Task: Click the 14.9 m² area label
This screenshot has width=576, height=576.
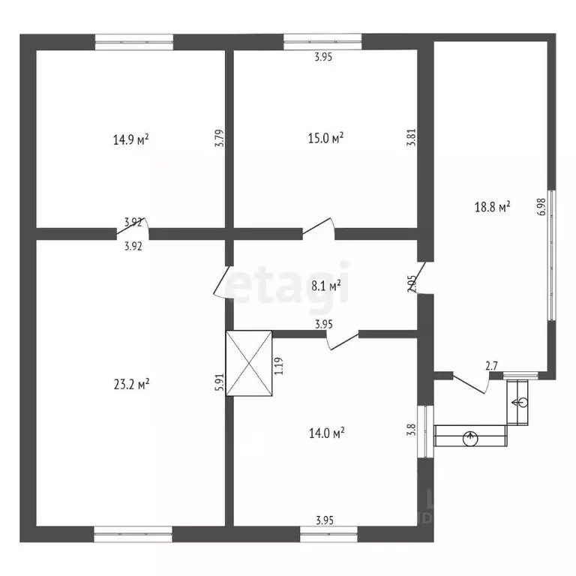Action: (x=130, y=139)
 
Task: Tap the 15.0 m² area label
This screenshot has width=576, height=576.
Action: (x=326, y=137)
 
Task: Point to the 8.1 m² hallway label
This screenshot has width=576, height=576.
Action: (x=325, y=285)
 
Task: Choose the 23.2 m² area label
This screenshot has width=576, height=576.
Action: (x=131, y=384)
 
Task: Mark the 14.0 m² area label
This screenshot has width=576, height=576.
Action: (x=326, y=432)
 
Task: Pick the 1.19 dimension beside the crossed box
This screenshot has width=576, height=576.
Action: (x=278, y=366)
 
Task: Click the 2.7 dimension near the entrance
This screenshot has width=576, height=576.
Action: (x=492, y=366)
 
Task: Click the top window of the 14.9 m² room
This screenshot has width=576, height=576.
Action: (x=134, y=42)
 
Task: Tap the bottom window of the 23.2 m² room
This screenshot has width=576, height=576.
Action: (x=133, y=533)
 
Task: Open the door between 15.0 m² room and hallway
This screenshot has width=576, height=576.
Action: (x=319, y=228)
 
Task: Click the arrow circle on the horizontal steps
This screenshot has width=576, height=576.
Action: (x=470, y=436)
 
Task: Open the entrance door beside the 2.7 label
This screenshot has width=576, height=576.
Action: (x=471, y=385)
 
